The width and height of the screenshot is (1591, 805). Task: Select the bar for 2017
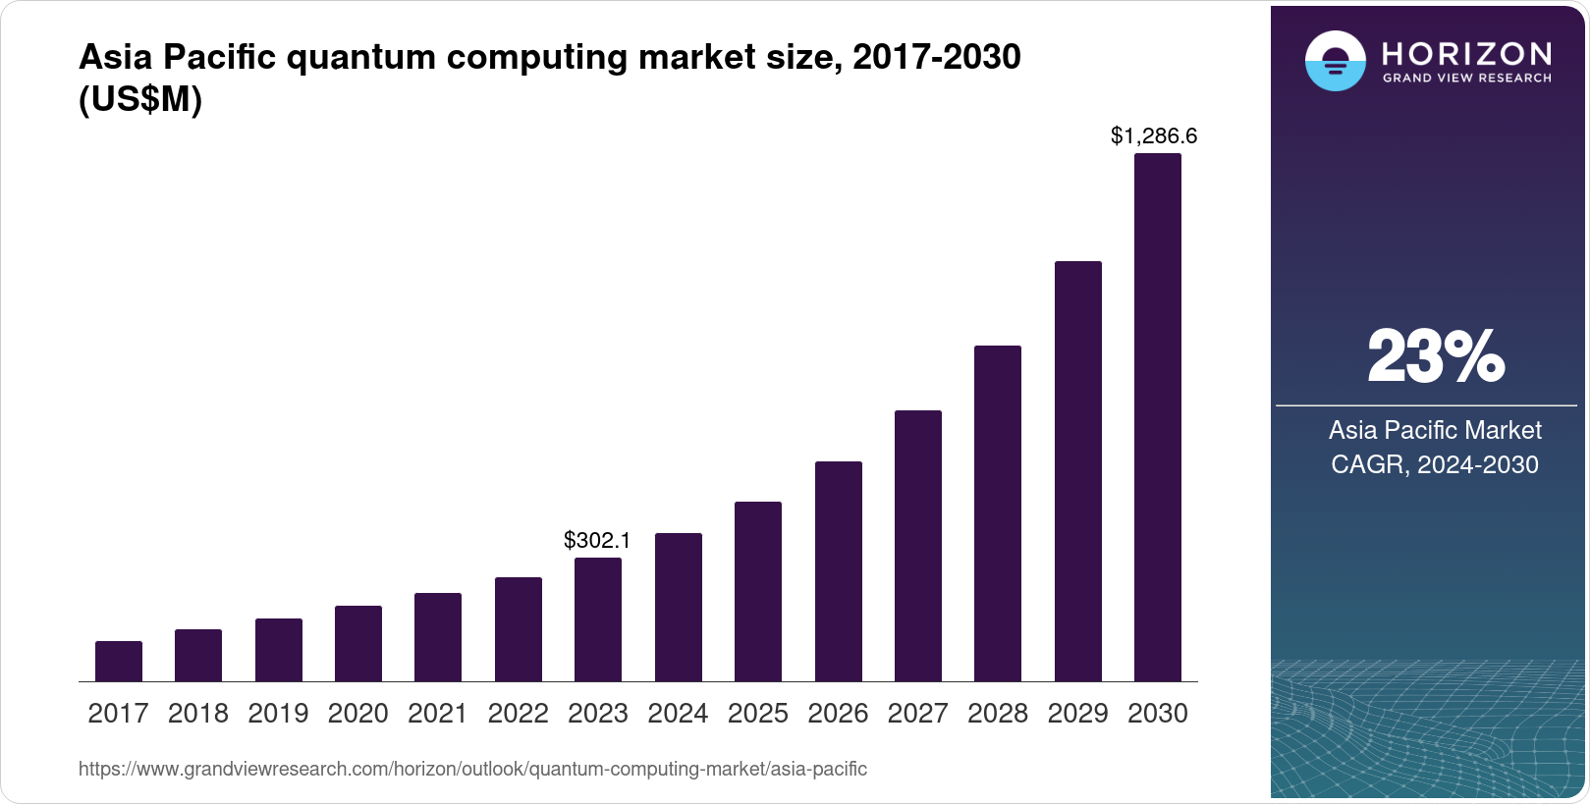(119, 661)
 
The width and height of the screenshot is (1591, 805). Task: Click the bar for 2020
(358, 643)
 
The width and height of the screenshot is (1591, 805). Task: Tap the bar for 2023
(598, 619)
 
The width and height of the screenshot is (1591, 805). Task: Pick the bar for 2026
(839, 571)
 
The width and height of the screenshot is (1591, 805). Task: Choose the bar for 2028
(998, 513)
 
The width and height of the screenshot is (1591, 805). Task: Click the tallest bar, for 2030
(1158, 417)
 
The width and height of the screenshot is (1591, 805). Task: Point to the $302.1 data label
(597, 540)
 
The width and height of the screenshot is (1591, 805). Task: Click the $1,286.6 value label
(1154, 135)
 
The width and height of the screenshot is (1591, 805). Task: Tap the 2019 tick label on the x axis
(279, 714)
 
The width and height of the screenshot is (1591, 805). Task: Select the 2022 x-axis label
(518, 714)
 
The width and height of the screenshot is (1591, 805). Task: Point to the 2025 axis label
(758, 714)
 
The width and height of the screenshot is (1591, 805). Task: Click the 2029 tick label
(1077, 714)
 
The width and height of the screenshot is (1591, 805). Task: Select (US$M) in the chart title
(140, 99)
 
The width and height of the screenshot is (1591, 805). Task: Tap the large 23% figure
(1436, 356)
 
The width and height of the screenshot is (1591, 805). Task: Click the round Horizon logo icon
(1336, 61)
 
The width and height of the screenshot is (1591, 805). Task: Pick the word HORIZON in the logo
(1466, 54)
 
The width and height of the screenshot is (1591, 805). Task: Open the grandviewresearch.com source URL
(473, 769)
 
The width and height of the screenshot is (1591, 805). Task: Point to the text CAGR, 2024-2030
(1435, 464)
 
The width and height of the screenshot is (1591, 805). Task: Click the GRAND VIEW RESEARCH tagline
(1466, 79)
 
